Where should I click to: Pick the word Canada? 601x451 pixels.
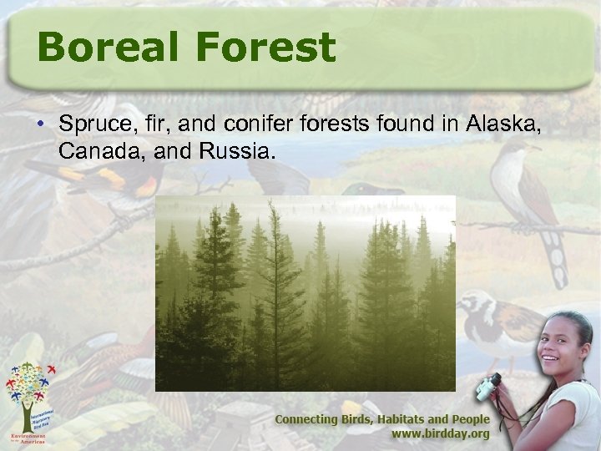click(x=96, y=153)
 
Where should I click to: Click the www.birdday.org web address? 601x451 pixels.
click(x=441, y=435)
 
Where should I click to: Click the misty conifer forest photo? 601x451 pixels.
click(x=306, y=293)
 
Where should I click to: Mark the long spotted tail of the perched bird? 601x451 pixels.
click(x=552, y=251)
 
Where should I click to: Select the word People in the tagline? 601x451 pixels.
click(x=469, y=419)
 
